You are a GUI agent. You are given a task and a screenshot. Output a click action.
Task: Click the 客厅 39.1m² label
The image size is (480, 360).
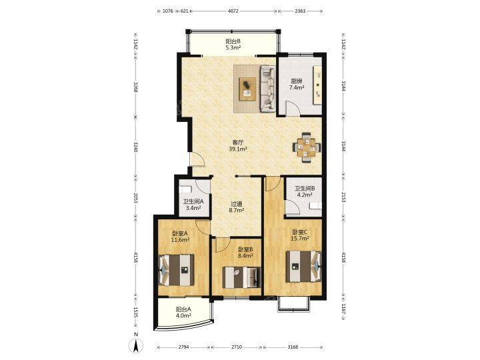click(238, 146)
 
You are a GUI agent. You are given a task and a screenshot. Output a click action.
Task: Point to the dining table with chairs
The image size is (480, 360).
click(307, 147)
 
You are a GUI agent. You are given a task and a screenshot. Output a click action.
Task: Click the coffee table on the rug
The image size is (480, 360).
click(247, 89)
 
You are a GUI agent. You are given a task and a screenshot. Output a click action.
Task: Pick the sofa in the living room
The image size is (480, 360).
click(268, 89)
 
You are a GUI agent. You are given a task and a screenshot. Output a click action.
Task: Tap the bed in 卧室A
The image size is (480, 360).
click(176, 270)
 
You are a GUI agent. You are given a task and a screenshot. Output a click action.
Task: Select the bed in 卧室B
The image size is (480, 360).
click(241, 277)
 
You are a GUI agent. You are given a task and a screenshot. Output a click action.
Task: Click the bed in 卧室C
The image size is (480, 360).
click(304, 266)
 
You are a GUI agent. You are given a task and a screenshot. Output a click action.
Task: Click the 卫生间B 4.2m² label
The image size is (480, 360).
click(305, 191)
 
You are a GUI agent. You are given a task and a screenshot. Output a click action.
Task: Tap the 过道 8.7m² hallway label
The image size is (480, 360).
click(236, 207)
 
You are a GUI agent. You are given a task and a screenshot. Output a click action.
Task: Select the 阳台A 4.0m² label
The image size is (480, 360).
click(183, 312)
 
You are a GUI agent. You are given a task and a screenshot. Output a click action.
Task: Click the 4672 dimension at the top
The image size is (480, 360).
click(233, 11)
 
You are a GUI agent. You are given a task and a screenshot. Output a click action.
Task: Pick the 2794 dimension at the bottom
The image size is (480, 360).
click(183, 347)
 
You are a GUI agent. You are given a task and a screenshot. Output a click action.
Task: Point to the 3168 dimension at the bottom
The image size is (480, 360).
click(293, 347)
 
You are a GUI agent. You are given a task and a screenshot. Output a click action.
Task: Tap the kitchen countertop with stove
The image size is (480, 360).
click(317, 85)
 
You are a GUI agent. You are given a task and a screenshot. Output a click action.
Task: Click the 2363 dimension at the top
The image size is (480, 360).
click(300, 11)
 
